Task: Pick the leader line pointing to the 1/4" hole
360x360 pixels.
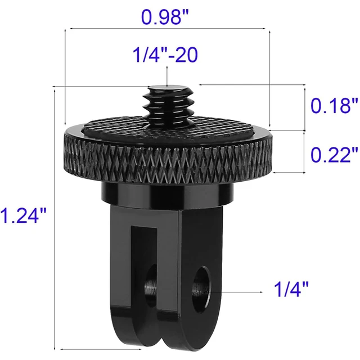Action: (236, 291)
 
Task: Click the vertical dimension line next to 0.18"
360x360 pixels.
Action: (305, 107)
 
